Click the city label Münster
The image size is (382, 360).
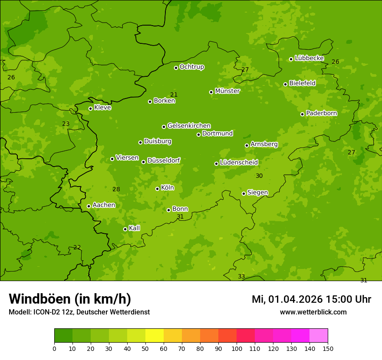coord(227,91)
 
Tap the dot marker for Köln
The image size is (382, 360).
coord(157,189)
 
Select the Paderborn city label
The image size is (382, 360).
coord(321,113)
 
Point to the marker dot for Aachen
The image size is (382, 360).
coord(89,206)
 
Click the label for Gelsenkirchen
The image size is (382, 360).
coord(189,126)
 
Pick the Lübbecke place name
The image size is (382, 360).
coord(309,58)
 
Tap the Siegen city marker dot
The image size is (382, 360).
coord(244,193)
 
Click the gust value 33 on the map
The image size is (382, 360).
coord(241,277)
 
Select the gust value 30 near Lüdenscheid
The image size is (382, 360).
coord(259,176)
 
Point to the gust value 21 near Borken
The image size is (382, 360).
coord(174,95)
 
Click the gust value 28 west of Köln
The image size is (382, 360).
coord(116,189)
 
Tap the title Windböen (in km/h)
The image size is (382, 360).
coord(70,299)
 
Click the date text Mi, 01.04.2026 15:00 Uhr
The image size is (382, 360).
coord(311,299)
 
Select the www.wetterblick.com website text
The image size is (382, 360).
coord(313,312)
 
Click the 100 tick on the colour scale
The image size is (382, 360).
coord(237,348)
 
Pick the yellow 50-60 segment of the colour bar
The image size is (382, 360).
coord(155,336)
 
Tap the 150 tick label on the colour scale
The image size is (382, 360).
coord(328,348)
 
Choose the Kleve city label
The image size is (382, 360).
coord(102,108)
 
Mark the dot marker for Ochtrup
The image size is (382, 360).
coord(176,68)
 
